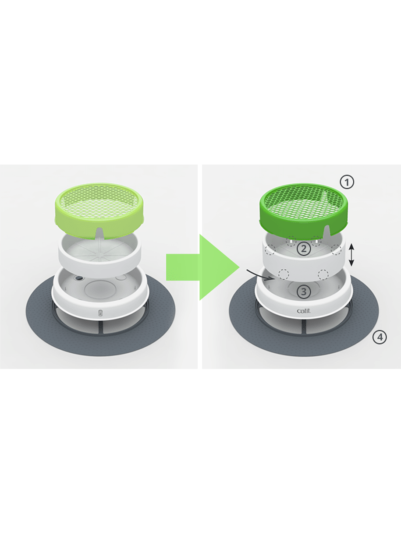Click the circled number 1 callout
(x=347, y=182)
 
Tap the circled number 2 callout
(x=304, y=249)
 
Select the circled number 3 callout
(x=304, y=292)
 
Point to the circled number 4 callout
(x=380, y=337)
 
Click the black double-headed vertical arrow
(x=351, y=255)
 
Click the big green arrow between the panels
(x=202, y=267)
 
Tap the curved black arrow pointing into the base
(x=260, y=275)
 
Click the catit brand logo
(x=304, y=311)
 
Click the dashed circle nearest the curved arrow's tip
(x=284, y=274)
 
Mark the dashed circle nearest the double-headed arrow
(x=336, y=250)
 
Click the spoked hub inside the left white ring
(x=99, y=253)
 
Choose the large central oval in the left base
(x=99, y=289)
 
